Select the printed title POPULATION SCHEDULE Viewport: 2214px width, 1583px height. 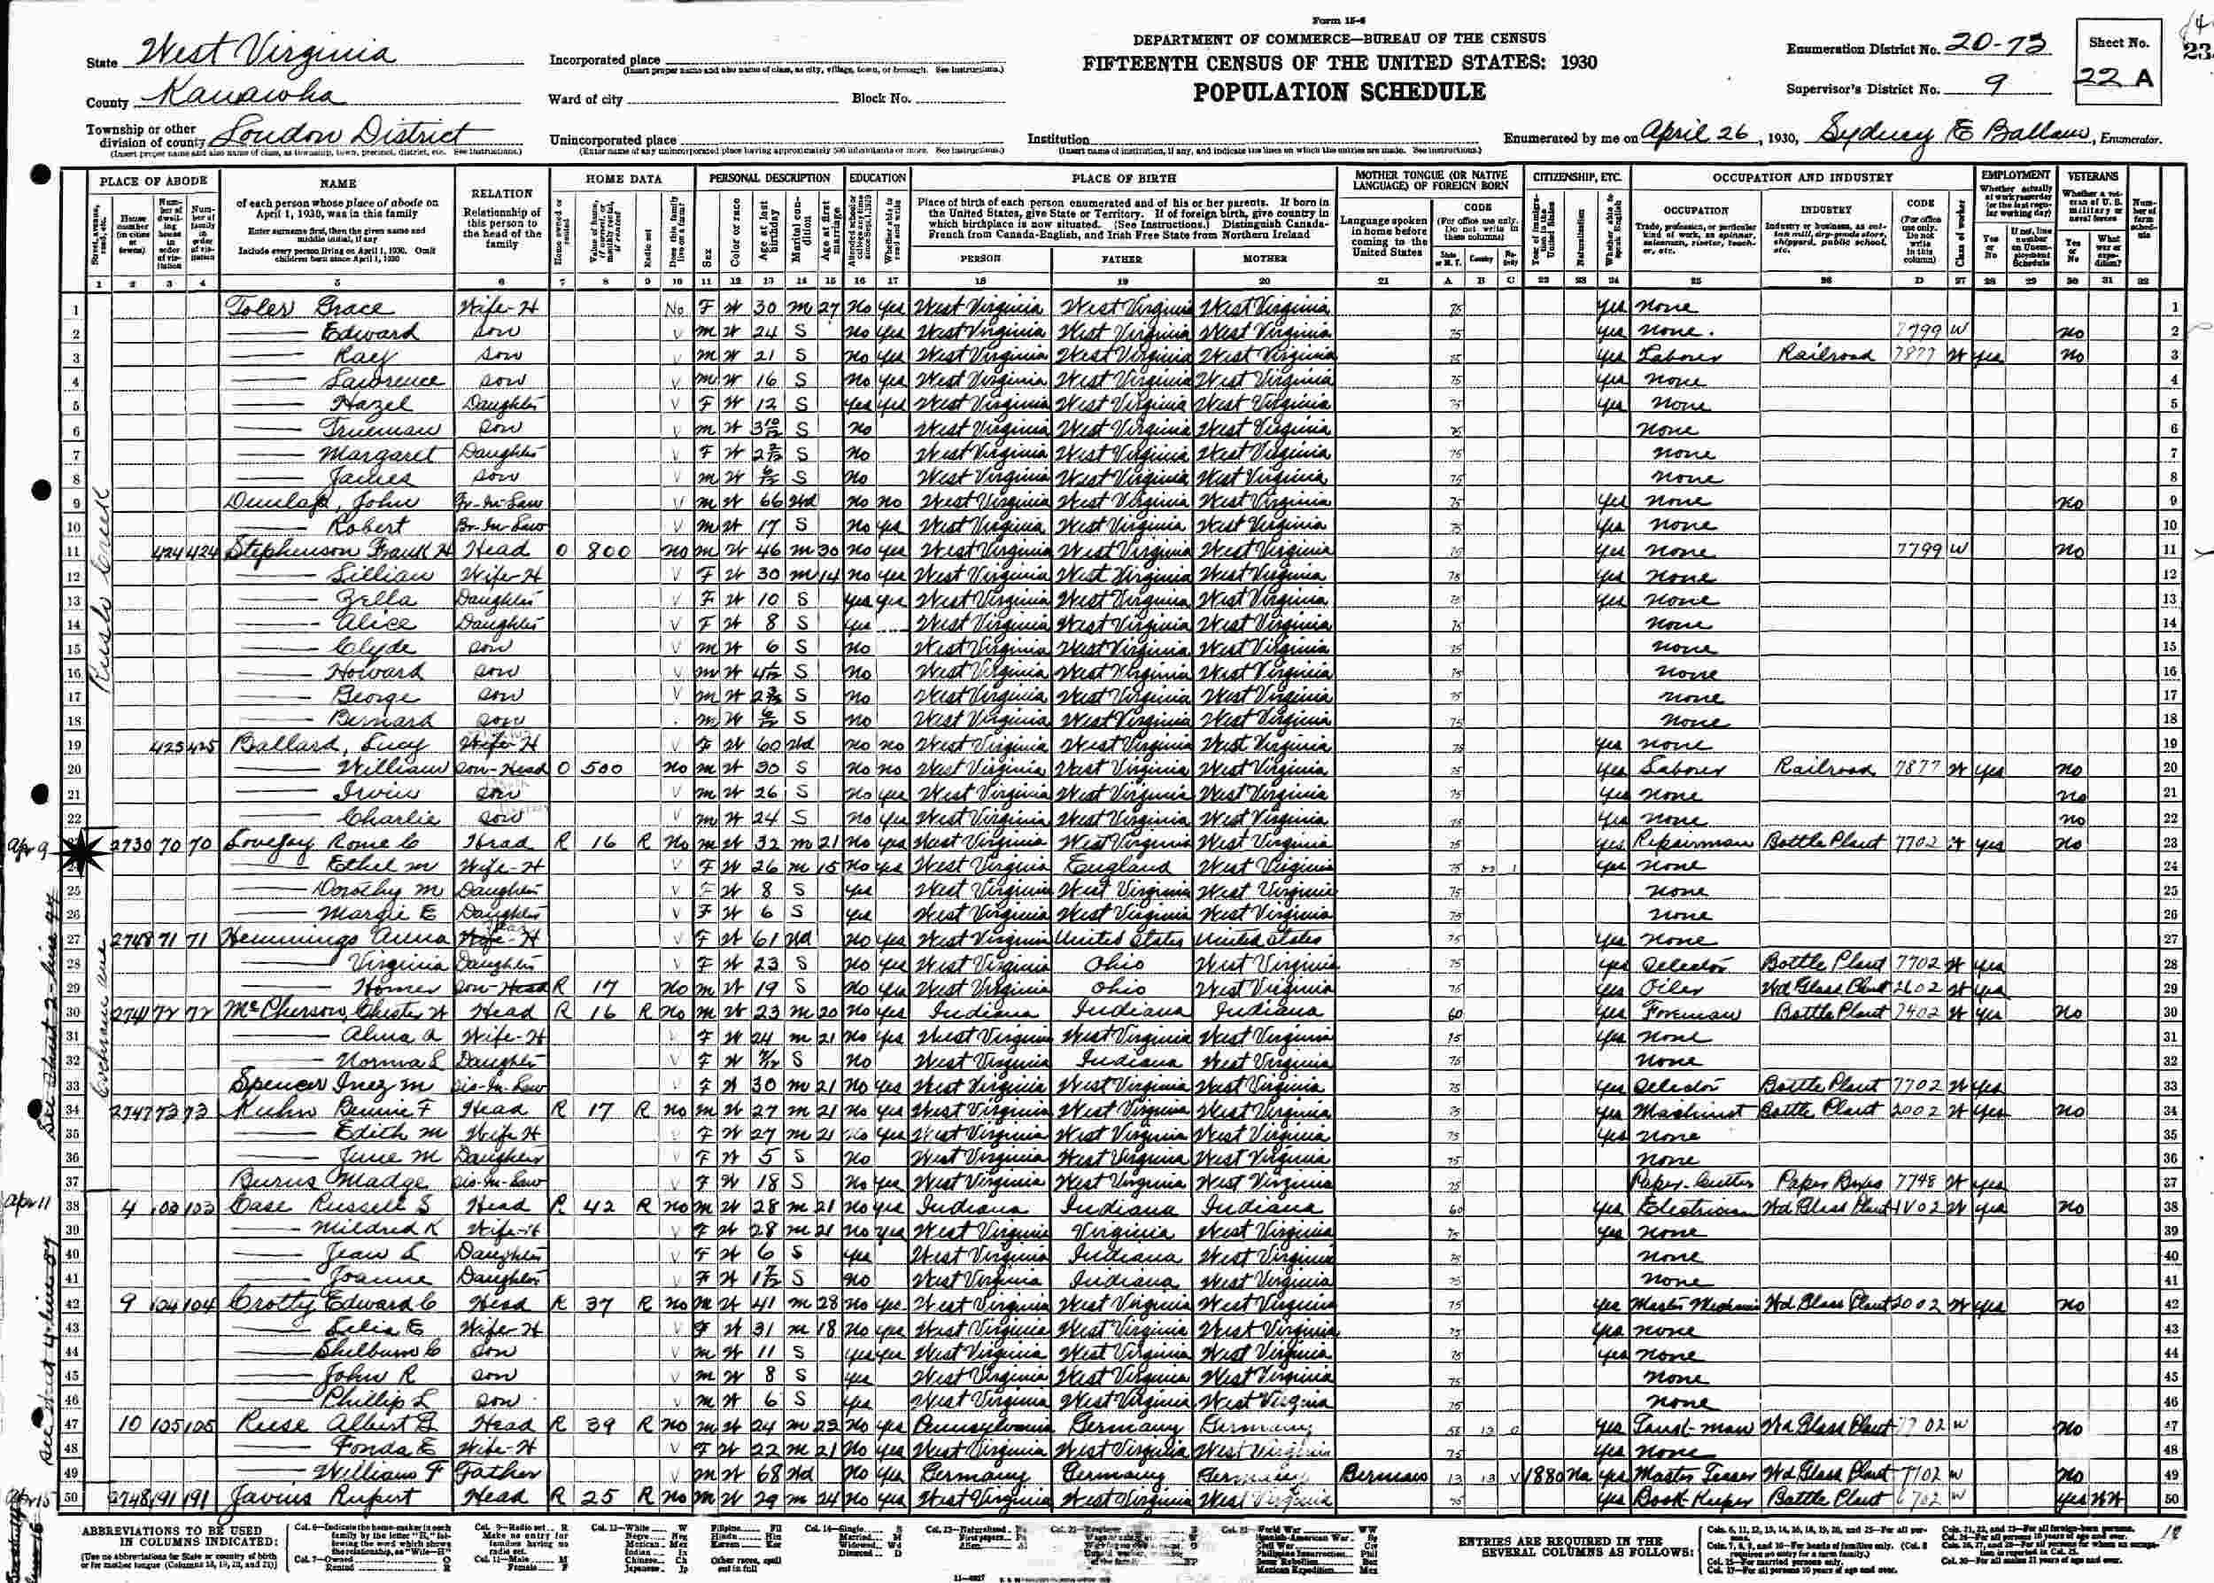[1339, 93]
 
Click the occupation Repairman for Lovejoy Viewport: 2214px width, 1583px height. [1695, 842]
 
